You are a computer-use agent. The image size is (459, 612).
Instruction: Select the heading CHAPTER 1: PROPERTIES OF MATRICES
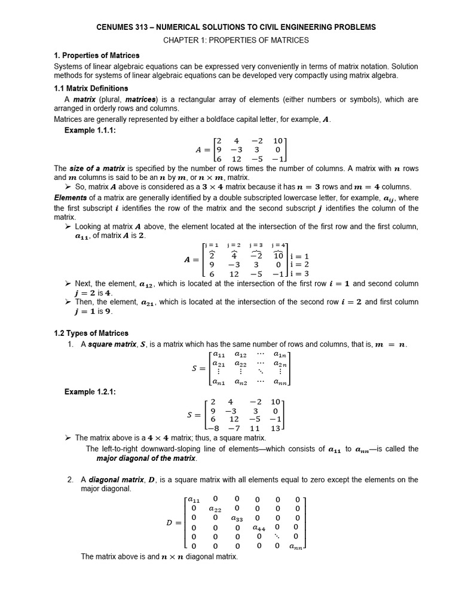pyautogui.click(x=237, y=40)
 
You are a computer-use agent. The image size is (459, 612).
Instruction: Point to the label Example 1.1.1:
pyautogui.click(x=89, y=130)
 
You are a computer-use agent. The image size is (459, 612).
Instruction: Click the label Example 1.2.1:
pyautogui.click(x=90, y=391)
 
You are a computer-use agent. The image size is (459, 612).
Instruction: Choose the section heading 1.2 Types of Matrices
pyautogui.click(x=91, y=333)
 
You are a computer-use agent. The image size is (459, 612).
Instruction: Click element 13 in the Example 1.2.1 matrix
pyautogui.click(x=275, y=429)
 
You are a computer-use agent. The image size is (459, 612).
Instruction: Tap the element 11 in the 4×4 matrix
pyautogui.click(x=255, y=429)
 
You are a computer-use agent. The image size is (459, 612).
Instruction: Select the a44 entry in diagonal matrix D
pyautogui.click(x=259, y=528)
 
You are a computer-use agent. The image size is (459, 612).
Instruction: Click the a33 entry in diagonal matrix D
pyautogui.click(x=237, y=518)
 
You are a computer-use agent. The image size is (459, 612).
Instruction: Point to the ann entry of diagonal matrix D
pyautogui.click(x=296, y=546)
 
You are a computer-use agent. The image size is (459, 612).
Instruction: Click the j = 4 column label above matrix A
pyautogui.click(x=279, y=245)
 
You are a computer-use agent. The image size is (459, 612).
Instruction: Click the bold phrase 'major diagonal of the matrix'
pyautogui.click(x=146, y=458)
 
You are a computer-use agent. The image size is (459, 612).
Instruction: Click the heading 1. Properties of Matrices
pyautogui.click(x=96, y=55)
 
